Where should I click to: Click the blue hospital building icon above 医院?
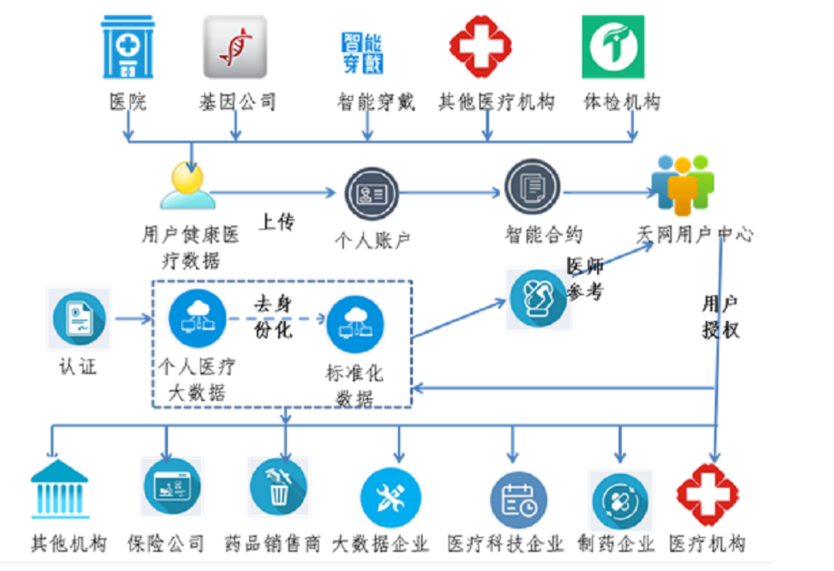point(128,47)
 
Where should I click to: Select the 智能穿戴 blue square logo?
point(363,53)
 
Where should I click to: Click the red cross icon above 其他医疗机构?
point(480,47)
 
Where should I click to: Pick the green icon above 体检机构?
point(613,47)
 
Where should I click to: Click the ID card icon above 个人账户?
point(370,193)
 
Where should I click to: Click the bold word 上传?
point(276,221)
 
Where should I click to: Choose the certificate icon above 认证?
point(80,318)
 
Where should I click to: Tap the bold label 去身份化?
point(273,317)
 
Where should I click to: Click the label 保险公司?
point(166,544)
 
